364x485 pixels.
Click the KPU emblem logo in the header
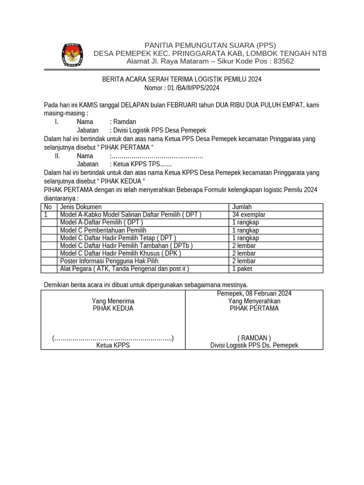point(72,54)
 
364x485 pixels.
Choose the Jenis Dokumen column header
point(81,207)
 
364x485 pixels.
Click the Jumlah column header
point(242,207)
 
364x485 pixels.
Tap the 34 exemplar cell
point(248,215)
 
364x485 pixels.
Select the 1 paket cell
point(242,269)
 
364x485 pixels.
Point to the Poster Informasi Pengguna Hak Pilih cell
point(109,261)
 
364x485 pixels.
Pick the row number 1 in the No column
point(46,215)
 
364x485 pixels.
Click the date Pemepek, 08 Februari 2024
point(254,294)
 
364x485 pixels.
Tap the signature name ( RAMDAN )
point(254,338)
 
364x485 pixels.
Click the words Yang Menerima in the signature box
point(113,301)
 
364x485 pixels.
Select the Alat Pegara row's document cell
point(124,269)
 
